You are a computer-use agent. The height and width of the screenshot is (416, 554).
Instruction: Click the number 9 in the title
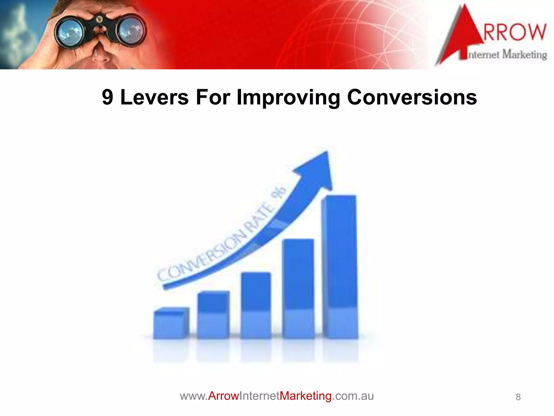[x=107, y=97]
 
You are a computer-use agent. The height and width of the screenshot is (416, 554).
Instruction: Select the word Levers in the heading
[x=154, y=97]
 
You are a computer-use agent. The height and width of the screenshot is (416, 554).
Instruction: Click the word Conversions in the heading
[x=412, y=97]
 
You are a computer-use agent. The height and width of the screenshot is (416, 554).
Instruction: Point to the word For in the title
[x=213, y=97]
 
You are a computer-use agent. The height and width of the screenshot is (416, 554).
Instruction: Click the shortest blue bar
[x=171, y=324]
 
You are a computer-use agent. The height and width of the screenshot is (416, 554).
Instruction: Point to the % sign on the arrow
[x=279, y=193]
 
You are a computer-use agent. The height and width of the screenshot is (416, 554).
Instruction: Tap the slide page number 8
[x=518, y=397]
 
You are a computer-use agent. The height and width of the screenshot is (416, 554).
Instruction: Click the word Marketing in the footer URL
[x=305, y=396]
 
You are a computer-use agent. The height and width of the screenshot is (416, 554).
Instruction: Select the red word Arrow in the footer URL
[x=223, y=396]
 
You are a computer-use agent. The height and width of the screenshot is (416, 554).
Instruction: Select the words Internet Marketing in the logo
[x=507, y=55]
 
